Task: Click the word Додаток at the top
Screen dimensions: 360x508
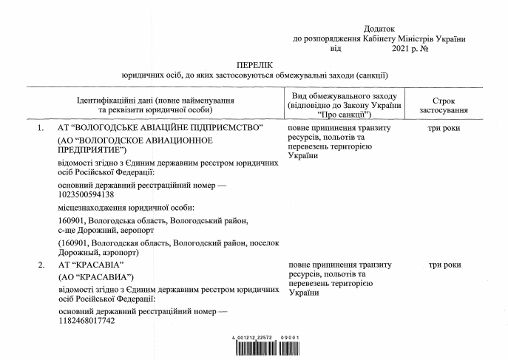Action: tap(382, 28)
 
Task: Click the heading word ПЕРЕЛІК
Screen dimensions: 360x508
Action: tap(254, 65)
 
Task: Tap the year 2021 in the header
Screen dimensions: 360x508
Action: tap(399, 48)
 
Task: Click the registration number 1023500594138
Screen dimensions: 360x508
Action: tap(86, 194)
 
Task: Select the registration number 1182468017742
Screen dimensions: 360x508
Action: tap(86, 322)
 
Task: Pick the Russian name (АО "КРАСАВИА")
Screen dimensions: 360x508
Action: tap(94, 277)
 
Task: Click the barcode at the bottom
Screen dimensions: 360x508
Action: tap(265, 347)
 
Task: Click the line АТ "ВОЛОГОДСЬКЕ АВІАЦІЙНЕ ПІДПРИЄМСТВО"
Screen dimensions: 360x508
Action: tap(160, 129)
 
